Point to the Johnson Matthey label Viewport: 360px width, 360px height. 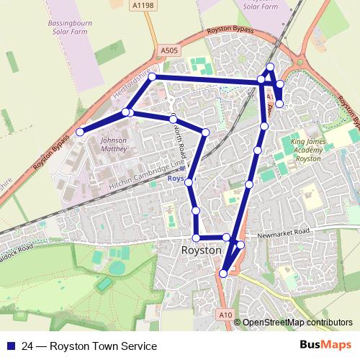tap(114, 145)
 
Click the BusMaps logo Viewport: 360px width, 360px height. tap(325, 346)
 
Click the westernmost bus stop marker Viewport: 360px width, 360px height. tap(80, 132)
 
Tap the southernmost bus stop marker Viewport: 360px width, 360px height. tap(223, 274)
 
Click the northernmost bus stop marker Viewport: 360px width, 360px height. tap(270, 67)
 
